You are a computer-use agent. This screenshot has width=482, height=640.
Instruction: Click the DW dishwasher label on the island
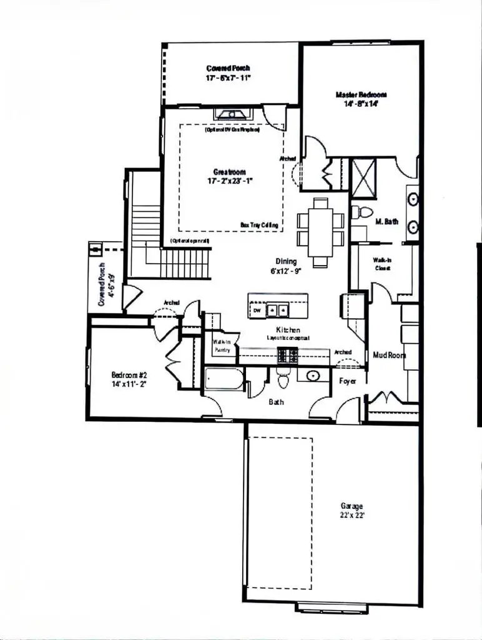point(257,310)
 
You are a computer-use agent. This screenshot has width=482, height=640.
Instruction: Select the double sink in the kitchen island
point(277,309)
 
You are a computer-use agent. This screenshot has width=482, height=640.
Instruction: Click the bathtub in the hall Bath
point(224,379)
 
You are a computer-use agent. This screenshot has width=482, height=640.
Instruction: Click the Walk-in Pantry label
point(222,346)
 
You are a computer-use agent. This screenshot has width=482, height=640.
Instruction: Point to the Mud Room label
point(389,355)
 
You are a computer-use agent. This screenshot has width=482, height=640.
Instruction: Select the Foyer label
point(348,380)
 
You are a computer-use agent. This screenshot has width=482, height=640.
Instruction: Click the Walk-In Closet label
point(382,263)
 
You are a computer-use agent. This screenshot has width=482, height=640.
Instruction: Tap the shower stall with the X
point(364,178)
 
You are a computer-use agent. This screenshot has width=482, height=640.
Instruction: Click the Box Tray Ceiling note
point(259,224)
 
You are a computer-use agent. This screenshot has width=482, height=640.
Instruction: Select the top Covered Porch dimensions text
point(228,79)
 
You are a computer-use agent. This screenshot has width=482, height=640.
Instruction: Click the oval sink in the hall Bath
point(312,376)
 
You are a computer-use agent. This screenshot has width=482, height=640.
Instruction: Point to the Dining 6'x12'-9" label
point(287,266)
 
